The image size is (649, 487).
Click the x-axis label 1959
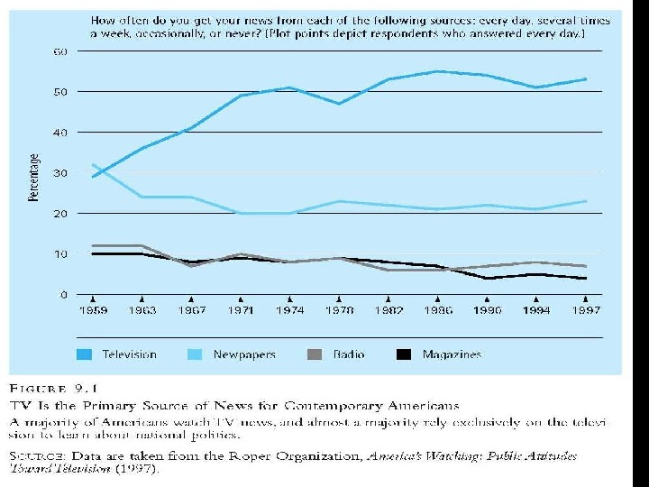tap(93, 310)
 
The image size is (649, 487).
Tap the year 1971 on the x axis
tap(241, 310)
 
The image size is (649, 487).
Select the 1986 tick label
tap(437, 310)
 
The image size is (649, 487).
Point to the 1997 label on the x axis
tap(585, 310)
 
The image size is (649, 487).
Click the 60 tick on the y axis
tap(59, 51)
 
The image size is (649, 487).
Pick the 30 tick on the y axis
tap(59, 173)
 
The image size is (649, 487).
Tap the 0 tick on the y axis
tap(63, 295)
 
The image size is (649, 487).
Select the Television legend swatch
tap(86, 354)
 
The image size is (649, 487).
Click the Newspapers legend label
tap(243, 354)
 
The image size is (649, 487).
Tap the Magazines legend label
tap(452, 354)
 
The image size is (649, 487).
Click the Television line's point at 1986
tap(437, 71)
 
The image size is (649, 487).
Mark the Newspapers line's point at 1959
tap(93, 165)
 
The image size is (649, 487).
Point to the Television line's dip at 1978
tap(339, 104)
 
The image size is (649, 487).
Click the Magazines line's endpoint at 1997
tap(585, 279)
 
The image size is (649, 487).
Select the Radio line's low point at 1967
tap(191, 266)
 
